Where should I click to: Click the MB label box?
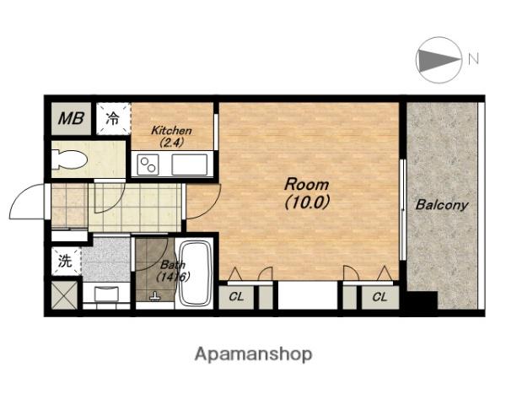[71, 118]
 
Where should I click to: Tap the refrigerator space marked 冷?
[113, 118]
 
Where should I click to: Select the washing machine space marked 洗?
[66, 262]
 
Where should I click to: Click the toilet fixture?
[69, 159]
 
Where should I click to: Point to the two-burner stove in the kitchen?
[148, 165]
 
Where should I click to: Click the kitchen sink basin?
[190, 165]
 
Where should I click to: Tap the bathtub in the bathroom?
[195, 273]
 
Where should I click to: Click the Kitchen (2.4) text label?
[172, 137]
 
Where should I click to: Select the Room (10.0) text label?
[307, 193]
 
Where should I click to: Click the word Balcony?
[442, 205]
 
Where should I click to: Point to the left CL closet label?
[236, 297]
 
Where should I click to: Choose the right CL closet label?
[379, 297]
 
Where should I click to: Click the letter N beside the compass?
[473, 58]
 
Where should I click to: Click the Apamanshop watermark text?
[253, 354]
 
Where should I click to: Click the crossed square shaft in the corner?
[65, 295]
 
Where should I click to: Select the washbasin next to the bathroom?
[106, 294]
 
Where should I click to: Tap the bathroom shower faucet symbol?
[155, 297]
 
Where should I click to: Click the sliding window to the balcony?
[402, 209]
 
